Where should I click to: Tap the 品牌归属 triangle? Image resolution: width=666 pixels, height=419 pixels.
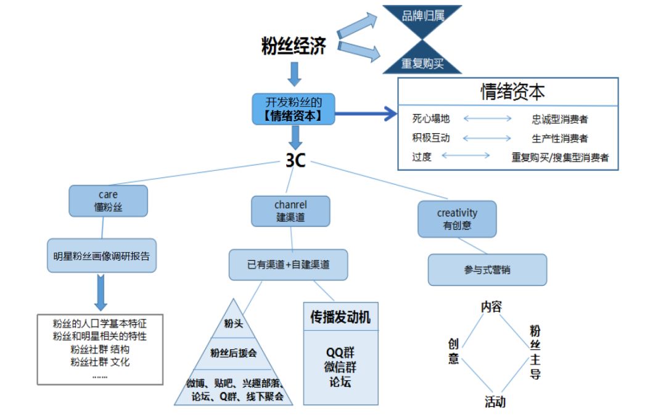[423, 17]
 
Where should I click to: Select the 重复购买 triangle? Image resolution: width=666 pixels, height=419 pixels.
[423, 61]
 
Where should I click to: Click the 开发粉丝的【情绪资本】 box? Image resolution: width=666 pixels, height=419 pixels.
[293, 108]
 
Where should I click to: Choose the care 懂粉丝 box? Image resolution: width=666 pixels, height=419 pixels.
[109, 201]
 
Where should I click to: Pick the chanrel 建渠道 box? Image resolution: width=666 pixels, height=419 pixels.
[290, 211]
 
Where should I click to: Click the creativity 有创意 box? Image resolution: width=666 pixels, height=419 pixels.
[457, 219]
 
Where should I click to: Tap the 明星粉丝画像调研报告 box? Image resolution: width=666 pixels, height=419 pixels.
[102, 256]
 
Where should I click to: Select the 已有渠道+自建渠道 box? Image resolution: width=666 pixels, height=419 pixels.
[289, 265]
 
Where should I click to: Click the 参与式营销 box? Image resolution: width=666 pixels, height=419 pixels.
[487, 270]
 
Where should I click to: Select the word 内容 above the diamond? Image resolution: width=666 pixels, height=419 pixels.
[491, 306]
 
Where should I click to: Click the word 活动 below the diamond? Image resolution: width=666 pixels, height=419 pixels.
[495, 402]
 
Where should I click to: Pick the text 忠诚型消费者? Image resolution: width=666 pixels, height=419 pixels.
[560, 120]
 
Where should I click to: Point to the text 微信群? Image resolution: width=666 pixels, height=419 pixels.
[340, 367]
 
